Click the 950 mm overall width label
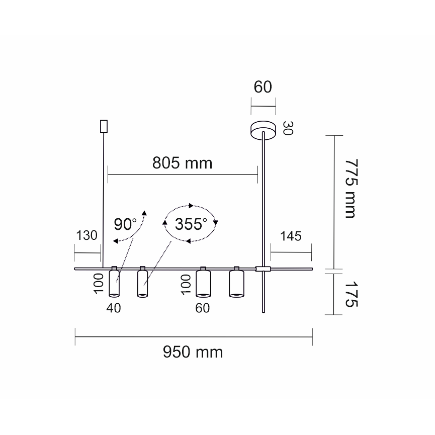click(193, 352)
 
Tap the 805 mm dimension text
click(182, 163)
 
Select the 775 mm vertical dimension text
click(351, 189)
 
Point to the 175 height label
click(351, 294)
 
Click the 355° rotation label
click(191, 224)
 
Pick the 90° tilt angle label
click(125, 224)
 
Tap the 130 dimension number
click(86, 235)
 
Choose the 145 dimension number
click(291, 236)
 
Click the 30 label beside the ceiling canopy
click(288, 128)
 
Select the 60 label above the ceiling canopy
click(263, 87)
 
